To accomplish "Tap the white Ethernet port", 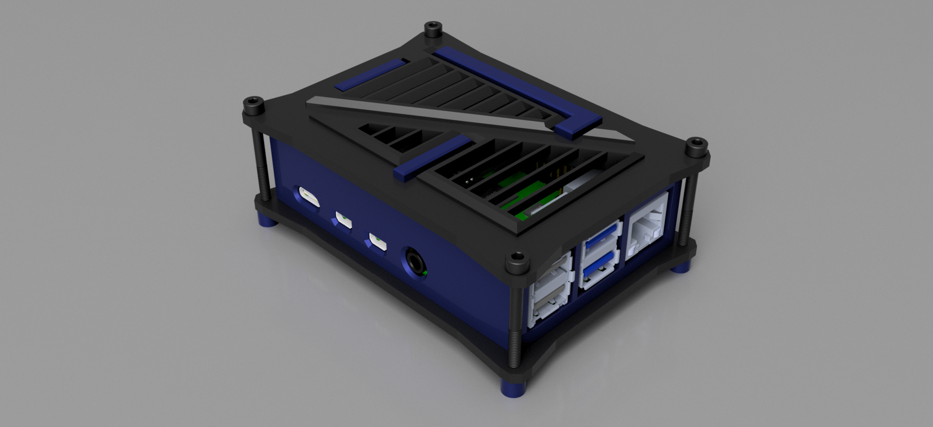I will click(x=647, y=225).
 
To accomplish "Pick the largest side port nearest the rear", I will click(x=308, y=197).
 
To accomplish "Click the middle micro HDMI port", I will click(x=344, y=219).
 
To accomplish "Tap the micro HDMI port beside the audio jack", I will click(x=378, y=241).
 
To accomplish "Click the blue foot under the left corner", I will click(x=266, y=222).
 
